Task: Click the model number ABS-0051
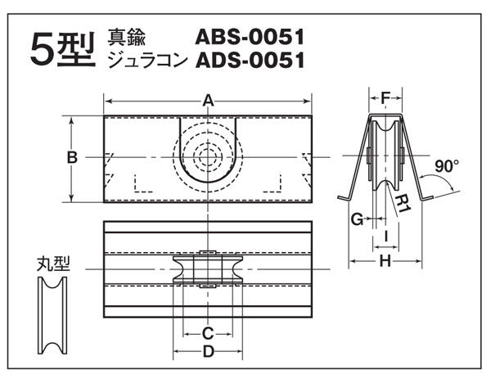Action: coord(250,37)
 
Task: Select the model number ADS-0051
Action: coord(250,60)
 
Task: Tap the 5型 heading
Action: coord(63,50)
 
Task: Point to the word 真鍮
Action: coord(127,37)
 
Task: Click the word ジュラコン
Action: coord(147,60)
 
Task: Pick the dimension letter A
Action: coord(208,102)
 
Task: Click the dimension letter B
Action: coord(72,157)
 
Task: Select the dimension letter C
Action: coord(208,334)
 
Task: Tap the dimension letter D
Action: coord(208,351)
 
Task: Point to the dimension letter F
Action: coord(385,99)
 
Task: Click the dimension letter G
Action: coord(358,219)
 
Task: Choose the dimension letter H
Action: coord(385,261)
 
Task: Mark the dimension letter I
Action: coord(386,236)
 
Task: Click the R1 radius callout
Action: coord(403,204)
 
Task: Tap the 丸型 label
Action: coord(53,264)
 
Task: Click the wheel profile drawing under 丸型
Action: coord(52,315)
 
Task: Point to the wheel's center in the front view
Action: coord(208,157)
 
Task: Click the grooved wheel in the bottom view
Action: coord(208,269)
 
